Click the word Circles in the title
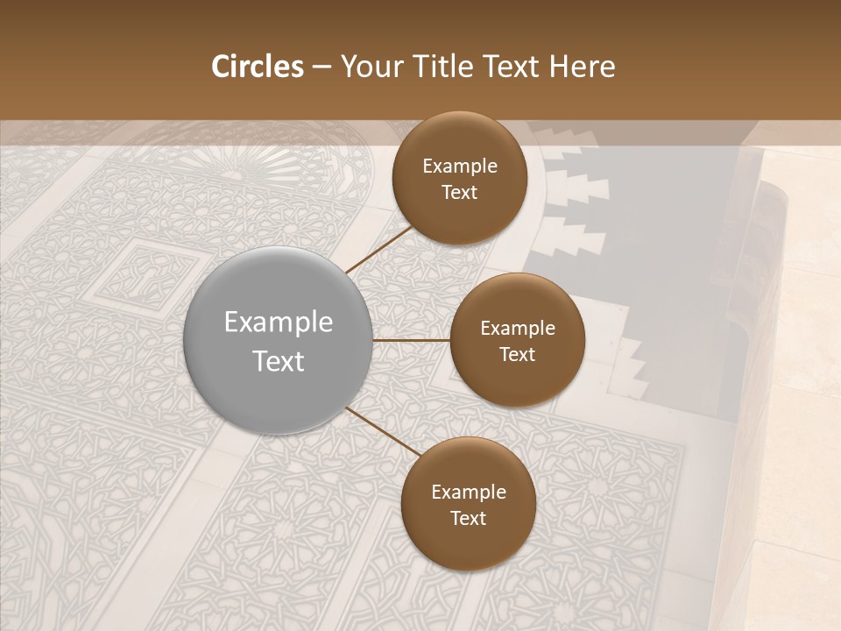[257, 67]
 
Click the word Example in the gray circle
[279, 323]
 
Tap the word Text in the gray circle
[279, 361]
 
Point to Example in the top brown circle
[460, 167]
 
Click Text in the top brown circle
[460, 193]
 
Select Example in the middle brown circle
[518, 329]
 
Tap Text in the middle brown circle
[518, 355]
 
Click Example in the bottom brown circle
[469, 493]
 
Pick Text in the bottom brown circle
[469, 519]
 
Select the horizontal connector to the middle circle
[411, 340]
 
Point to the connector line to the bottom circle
[381, 430]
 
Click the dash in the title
[322, 67]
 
